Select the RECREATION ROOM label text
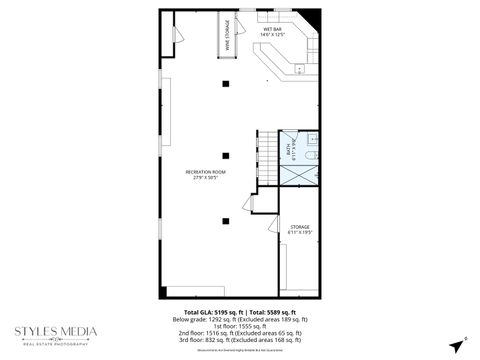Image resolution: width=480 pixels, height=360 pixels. (x=205, y=175)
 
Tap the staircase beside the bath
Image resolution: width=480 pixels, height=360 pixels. (x=268, y=159)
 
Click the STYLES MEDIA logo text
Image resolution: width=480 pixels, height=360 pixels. (x=55, y=332)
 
